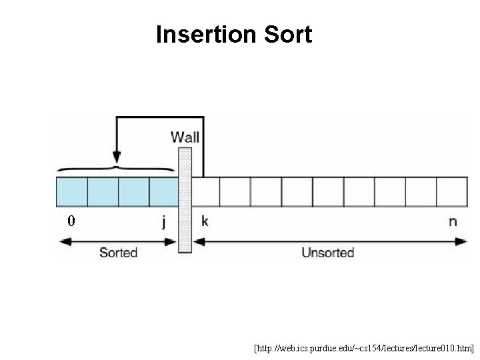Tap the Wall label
coord(185,137)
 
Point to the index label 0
coord(71,221)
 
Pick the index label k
coord(205,221)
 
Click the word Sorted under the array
coord(118,253)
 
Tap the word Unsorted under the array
coord(327,253)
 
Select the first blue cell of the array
coord(71,191)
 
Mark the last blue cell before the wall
coord(164,191)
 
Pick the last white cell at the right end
coord(453,191)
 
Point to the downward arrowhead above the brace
coord(117,159)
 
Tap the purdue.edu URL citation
coord(364,348)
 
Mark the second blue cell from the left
coord(103,191)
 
